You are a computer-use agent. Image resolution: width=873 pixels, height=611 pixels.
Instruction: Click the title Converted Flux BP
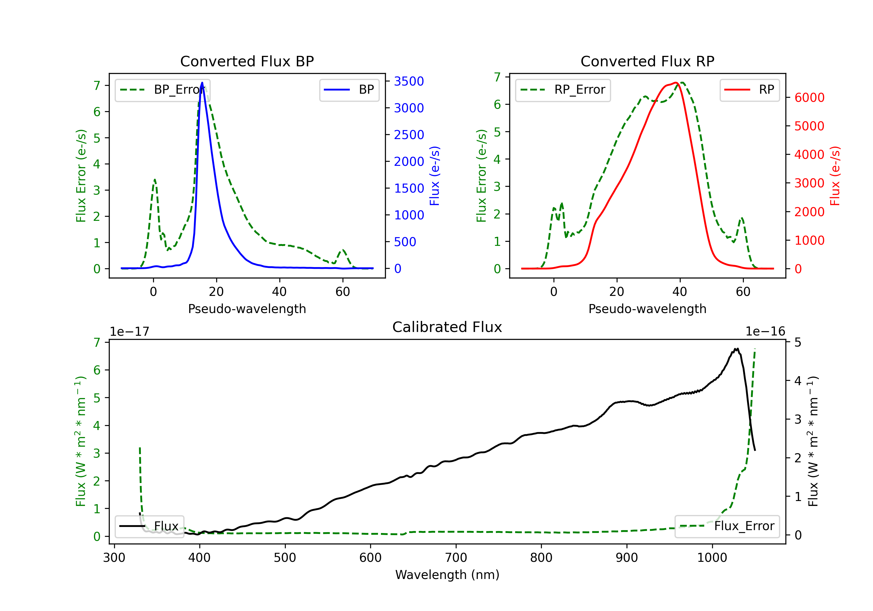click(x=247, y=61)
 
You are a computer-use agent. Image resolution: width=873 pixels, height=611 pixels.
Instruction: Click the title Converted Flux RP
click(x=647, y=61)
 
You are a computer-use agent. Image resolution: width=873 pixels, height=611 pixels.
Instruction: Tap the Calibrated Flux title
click(x=447, y=327)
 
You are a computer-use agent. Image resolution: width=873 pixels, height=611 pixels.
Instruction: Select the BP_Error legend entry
click(x=162, y=90)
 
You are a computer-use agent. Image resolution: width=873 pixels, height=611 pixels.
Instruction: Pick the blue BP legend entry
click(x=349, y=90)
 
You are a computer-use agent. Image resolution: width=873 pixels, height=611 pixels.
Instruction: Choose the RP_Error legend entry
click(x=563, y=90)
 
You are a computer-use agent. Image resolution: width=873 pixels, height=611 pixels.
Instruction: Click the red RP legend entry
click(x=749, y=90)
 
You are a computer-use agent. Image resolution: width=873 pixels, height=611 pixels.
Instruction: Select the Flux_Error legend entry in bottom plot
click(x=727, y=526)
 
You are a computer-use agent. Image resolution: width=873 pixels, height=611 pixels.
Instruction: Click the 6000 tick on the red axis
click(x=809, y=98)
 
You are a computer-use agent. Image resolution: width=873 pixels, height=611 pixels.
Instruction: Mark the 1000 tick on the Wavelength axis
click(x=712, y=558)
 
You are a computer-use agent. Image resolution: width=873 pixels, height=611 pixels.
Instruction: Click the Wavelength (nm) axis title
click(x=447, y=575)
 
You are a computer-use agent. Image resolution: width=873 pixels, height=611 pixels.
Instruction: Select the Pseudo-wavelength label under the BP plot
click(x=247, y=309)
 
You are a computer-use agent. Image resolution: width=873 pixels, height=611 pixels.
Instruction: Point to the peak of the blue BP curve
click(x=202, y=83)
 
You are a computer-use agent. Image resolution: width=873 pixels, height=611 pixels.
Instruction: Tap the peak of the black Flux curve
click(x=737, y=349)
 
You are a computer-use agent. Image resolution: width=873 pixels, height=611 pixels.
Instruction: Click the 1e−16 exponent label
click(x=765, y=332)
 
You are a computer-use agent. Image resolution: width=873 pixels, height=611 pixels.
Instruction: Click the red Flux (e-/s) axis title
click(x=835, y=176)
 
